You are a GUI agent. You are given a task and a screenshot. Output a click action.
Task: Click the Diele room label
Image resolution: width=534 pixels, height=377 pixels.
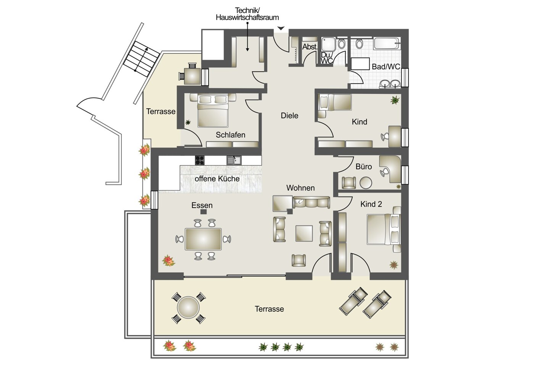(x=289, y=116)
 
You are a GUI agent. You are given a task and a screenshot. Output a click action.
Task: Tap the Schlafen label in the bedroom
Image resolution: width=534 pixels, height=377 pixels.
(x=230, y=135)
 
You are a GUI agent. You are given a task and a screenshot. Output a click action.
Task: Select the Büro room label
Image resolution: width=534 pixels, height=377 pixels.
(x=363, y=166)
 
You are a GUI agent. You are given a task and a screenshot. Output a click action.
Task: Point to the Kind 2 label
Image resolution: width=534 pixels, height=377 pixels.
(x=371, y=204)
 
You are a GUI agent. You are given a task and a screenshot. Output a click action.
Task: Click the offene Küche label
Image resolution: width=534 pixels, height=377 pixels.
(x=217, y=179)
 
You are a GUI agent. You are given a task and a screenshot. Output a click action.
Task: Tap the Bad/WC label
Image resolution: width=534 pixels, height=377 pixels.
(x=386, y=67)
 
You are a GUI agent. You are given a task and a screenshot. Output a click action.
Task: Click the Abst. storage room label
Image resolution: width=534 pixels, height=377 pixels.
(x=310, y=47)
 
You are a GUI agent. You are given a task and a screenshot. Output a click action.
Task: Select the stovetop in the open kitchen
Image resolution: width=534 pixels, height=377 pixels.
(x=200, y=160)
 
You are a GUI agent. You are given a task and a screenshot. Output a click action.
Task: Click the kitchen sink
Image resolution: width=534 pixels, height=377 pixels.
(x=234, y=160)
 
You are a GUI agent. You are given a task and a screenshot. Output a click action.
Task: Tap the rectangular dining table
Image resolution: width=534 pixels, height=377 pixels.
(x=203, y=239)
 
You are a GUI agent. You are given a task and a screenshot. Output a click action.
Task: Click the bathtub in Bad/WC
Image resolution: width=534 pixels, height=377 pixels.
(x=387, y=43)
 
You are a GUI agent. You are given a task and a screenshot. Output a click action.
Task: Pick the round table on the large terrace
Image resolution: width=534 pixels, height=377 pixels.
(x=188, y=308)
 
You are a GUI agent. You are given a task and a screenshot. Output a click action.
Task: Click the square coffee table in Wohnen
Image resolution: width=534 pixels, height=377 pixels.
(x=304, y=233)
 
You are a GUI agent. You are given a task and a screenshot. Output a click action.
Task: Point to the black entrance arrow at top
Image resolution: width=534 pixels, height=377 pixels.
(x=281, y=28)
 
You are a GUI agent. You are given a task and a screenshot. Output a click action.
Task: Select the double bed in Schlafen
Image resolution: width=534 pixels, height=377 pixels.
(x=213, y=111)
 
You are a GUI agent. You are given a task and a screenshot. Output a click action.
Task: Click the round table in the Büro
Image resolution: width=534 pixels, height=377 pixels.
(x=366, y=183)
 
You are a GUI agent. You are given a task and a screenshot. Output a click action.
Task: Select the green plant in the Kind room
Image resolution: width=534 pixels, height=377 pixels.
(x=395, y=100)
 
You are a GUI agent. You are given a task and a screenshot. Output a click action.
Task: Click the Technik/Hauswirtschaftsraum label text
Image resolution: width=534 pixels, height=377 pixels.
(x=247, y=14)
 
